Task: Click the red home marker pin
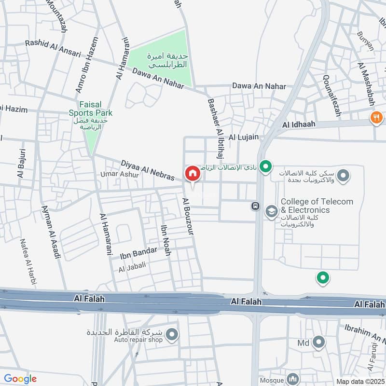[x=192, y=174]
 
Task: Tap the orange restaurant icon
[x=376, y=117]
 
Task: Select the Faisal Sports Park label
[x=96, y=113]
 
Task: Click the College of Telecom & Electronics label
[x=317, y=206]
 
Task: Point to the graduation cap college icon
[x=272, y=211]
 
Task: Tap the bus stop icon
[x=254, y=207]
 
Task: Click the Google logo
[x=20, y=379]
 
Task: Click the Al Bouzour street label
[x=188, y=216]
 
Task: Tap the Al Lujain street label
[x=244, y=138]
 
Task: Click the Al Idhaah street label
[x=299, y=124]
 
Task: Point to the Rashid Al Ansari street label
[x=53, y=47]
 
